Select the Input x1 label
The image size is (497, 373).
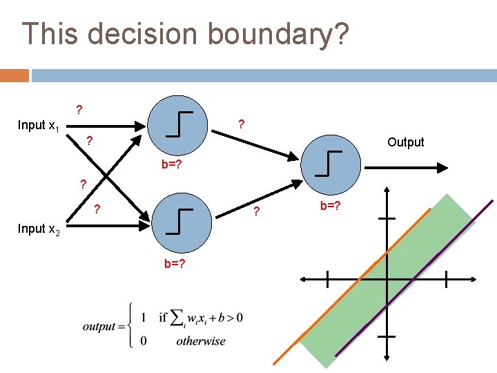coord(38,126)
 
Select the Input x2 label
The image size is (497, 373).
coord(39,229)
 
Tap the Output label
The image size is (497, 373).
coord(406,142)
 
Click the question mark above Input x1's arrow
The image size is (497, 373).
coord(79,109)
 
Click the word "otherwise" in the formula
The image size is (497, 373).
coord(200,341)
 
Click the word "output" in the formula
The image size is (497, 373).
coord(99,326)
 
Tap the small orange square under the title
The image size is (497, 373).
coord(14,75)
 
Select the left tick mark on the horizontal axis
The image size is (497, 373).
coord(327,279)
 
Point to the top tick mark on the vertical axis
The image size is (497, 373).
coord(387,218)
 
